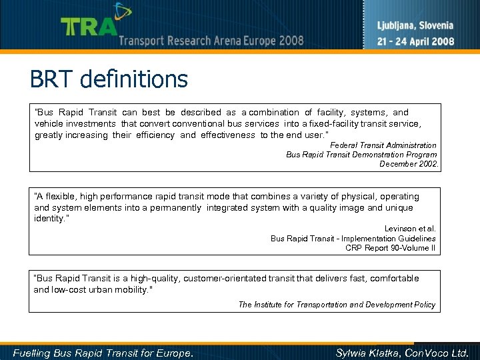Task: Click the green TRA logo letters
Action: coord(89,26)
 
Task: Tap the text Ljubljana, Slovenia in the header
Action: coord(415,26)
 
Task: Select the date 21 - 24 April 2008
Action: coord(415,41)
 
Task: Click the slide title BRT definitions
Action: coord(109,80)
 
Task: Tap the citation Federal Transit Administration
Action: coord(383,145)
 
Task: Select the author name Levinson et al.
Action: coord(410,229)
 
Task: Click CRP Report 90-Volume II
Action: coord(390,248)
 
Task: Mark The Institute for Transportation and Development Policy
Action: coord(337,305)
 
